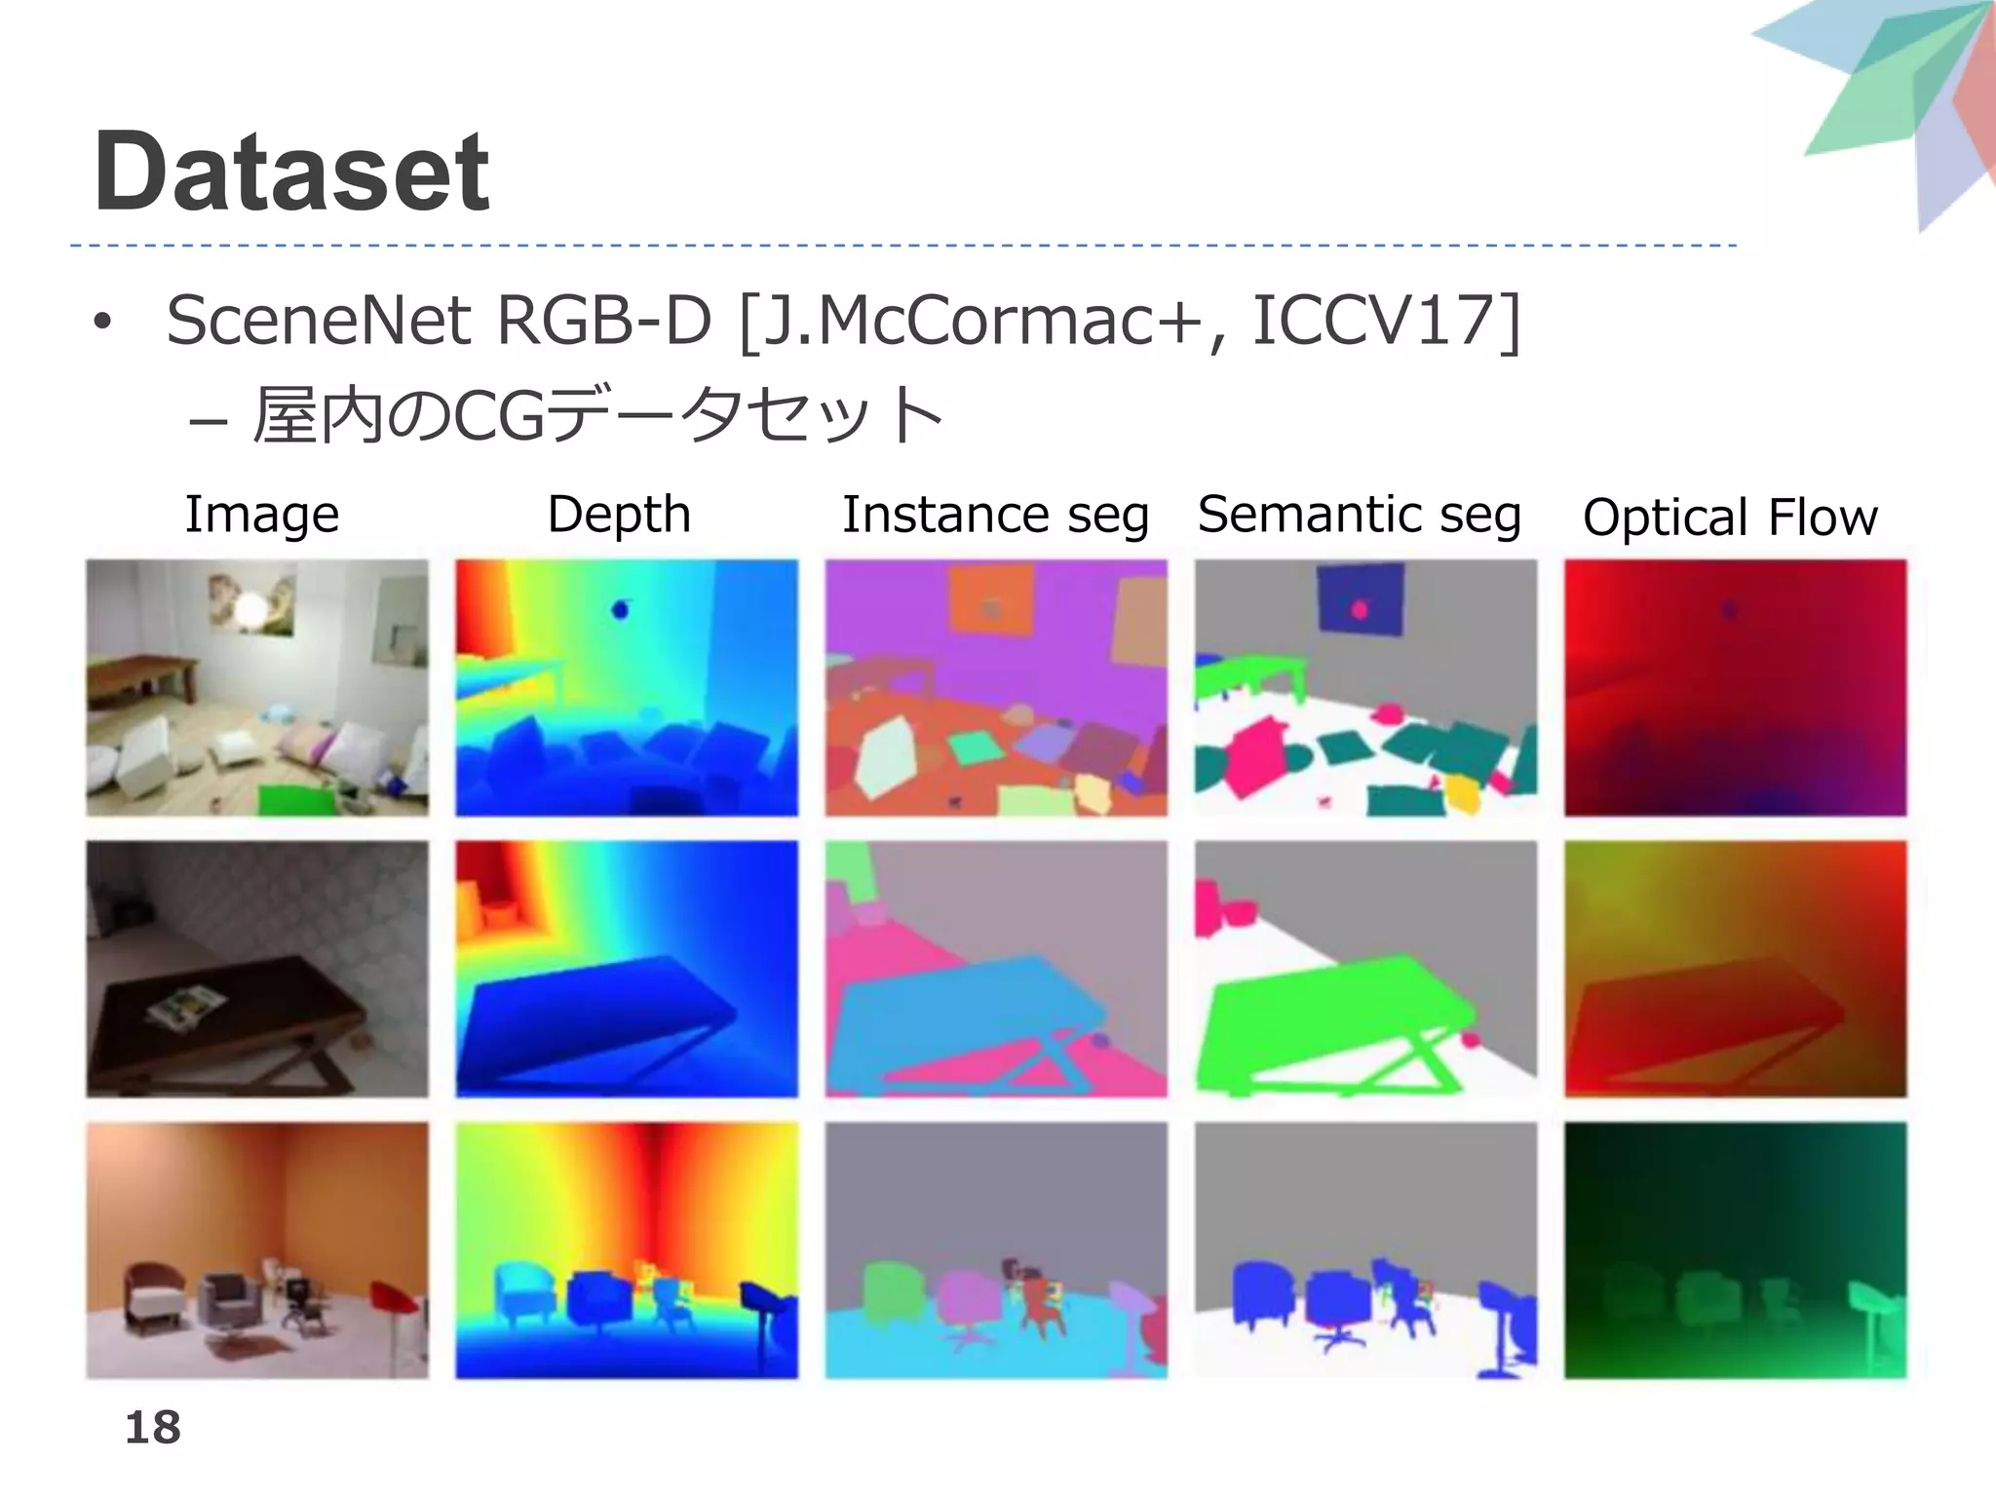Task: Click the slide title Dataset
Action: tap(291, 173)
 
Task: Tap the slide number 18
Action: tap(153, 1428)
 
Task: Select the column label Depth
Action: tap(619, 514)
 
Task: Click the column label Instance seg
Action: tap(995, 514)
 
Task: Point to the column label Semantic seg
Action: tap(1359, 514)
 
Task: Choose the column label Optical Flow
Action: tap(1730, 517)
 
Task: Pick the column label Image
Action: tap(261, 514)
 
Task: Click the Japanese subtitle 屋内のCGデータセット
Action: tap(596, 415)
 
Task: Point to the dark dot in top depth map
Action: tap(620, 610)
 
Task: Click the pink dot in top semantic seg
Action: tap(1360, 610)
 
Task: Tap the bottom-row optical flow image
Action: tap(1735, 1249)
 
